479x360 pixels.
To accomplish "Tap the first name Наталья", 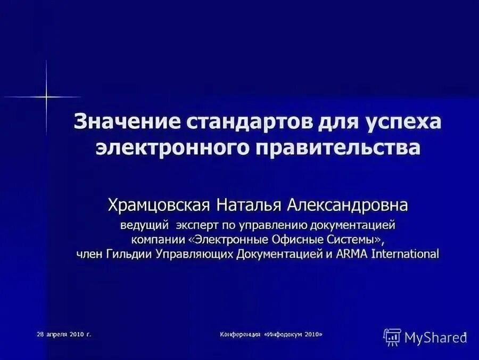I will pyautogui.click(x=251, y=204).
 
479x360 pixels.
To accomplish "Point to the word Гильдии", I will pyautogui.click(x=127, y=253).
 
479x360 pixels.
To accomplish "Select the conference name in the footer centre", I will pyautogui.click(x=271, y=335).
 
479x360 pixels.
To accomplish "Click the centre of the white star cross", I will pyautogui.click(x=46, y=97).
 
